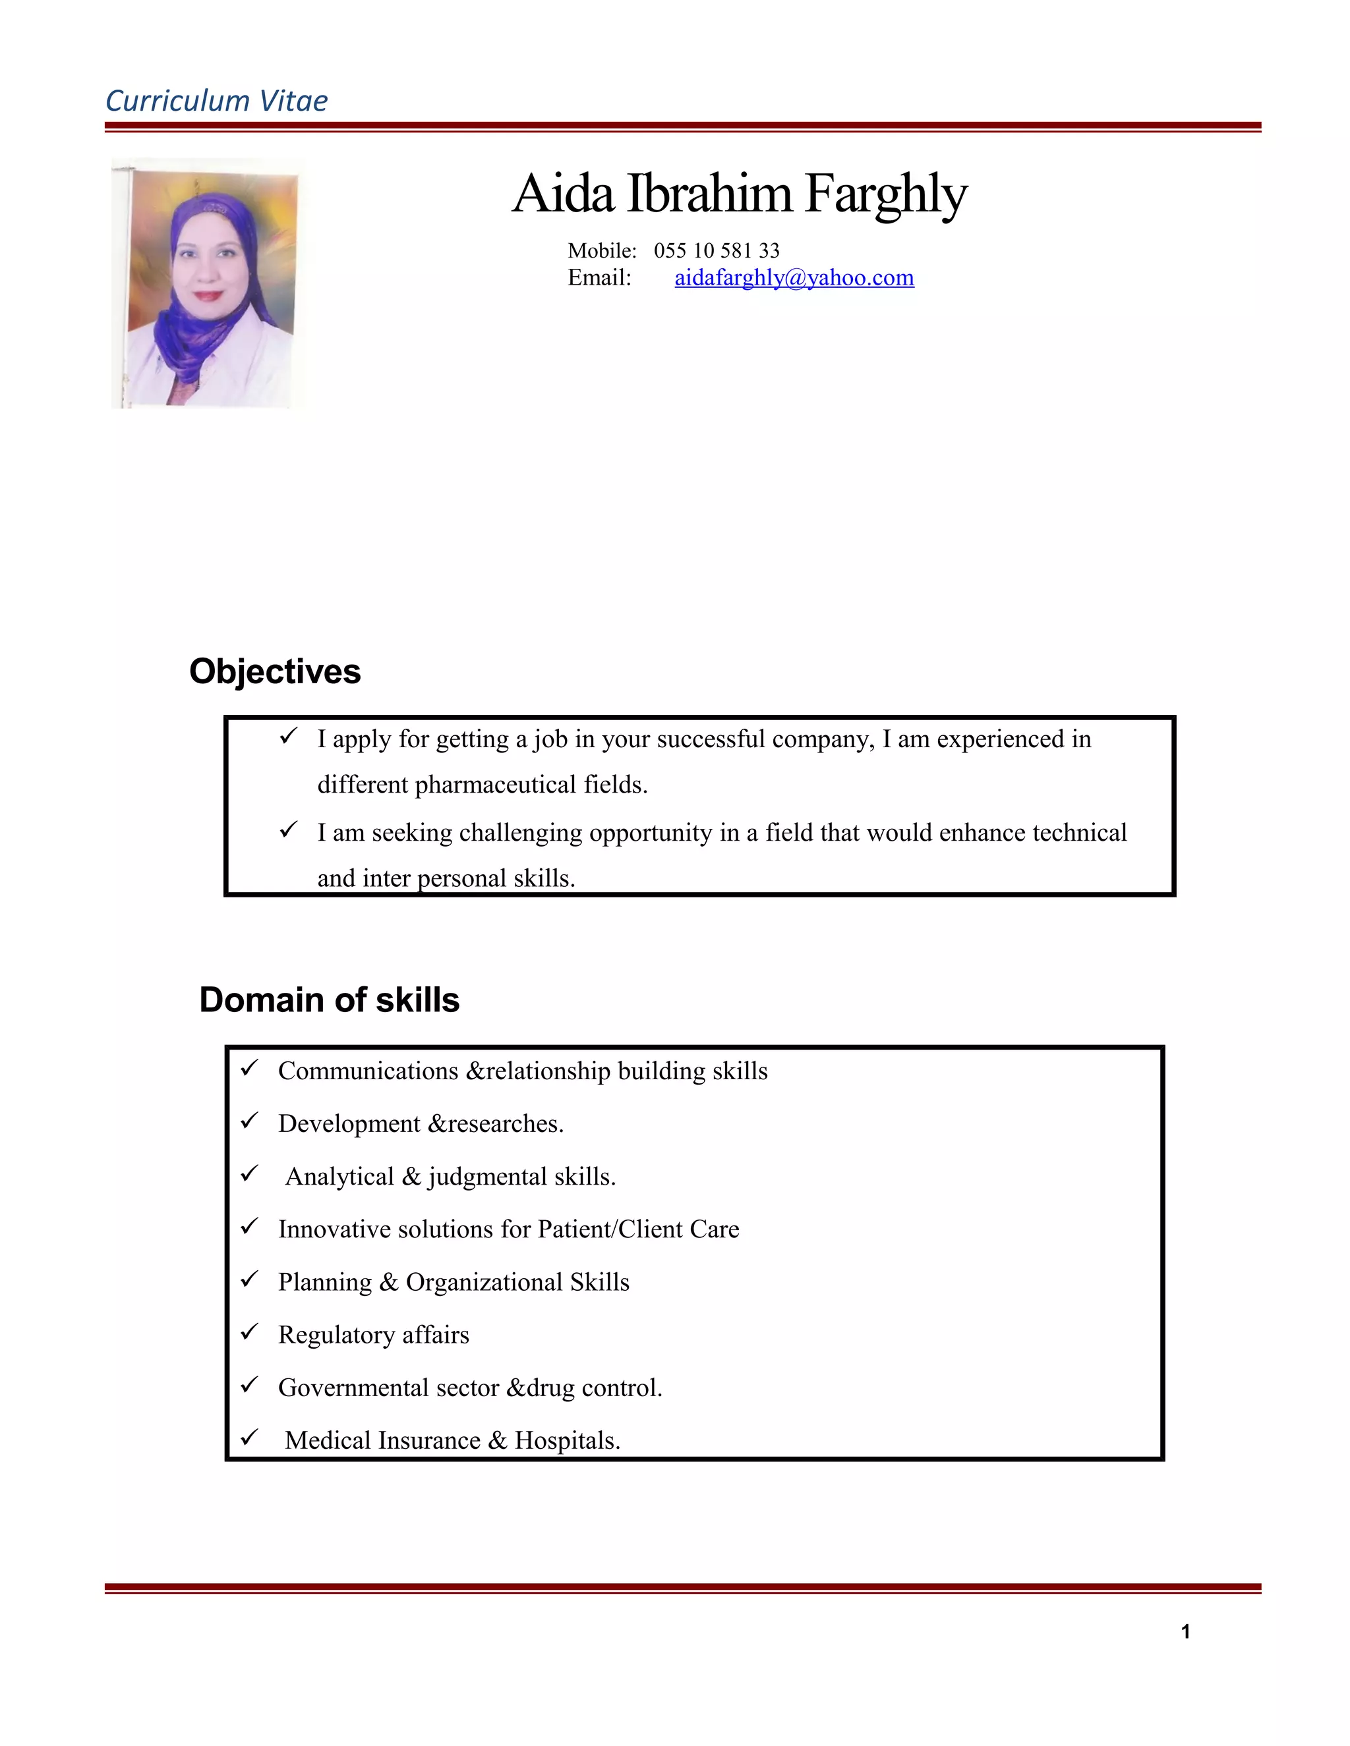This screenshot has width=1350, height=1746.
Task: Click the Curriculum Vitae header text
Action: tap(216, 101)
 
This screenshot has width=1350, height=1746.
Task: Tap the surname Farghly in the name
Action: tap(885, 194)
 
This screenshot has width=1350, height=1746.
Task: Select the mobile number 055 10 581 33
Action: tap(716, 251)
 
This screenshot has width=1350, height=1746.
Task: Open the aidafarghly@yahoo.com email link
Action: tap(794, 277)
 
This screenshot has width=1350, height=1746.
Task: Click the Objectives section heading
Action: tap(275, 671)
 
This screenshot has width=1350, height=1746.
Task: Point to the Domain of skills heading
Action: tap(329, 1000)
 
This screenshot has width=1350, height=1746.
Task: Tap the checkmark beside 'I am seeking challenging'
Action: tap(289, 830)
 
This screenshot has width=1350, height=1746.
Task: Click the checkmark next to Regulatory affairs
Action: tap(250, 1332)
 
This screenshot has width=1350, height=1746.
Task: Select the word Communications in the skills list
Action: tap(368, 1071)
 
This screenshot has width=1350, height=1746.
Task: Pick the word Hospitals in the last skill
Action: tap(566, 1440)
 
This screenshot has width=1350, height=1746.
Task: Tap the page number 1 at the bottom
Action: tap(1185, 1631)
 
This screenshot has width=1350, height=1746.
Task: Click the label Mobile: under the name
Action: tap(601, 251)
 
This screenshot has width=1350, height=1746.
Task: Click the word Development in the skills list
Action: tap(349, 1124)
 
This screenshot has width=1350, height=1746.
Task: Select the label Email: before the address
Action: tap(599, 278)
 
